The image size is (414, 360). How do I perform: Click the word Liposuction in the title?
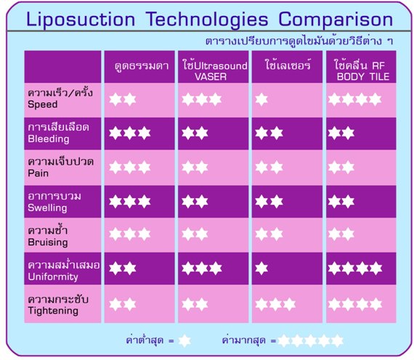(81, 20)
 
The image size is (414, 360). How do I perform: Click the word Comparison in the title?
(336, 20)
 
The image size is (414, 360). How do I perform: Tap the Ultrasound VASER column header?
(215, 71)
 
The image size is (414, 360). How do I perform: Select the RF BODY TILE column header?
(362, 70)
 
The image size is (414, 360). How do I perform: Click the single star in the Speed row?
(261, 99)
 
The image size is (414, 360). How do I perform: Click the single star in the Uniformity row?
(261, 268)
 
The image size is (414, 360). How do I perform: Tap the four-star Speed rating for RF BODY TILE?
(355, 99)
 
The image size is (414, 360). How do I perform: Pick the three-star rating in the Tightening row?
(275, 304)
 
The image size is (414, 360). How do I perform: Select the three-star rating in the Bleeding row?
(129, 133)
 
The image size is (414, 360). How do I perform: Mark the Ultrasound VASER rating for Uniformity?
(202, 268)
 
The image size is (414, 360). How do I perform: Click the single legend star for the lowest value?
(184, 340)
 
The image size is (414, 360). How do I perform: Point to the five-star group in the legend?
(311, 340)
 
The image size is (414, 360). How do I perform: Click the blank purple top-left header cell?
(62, 67)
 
